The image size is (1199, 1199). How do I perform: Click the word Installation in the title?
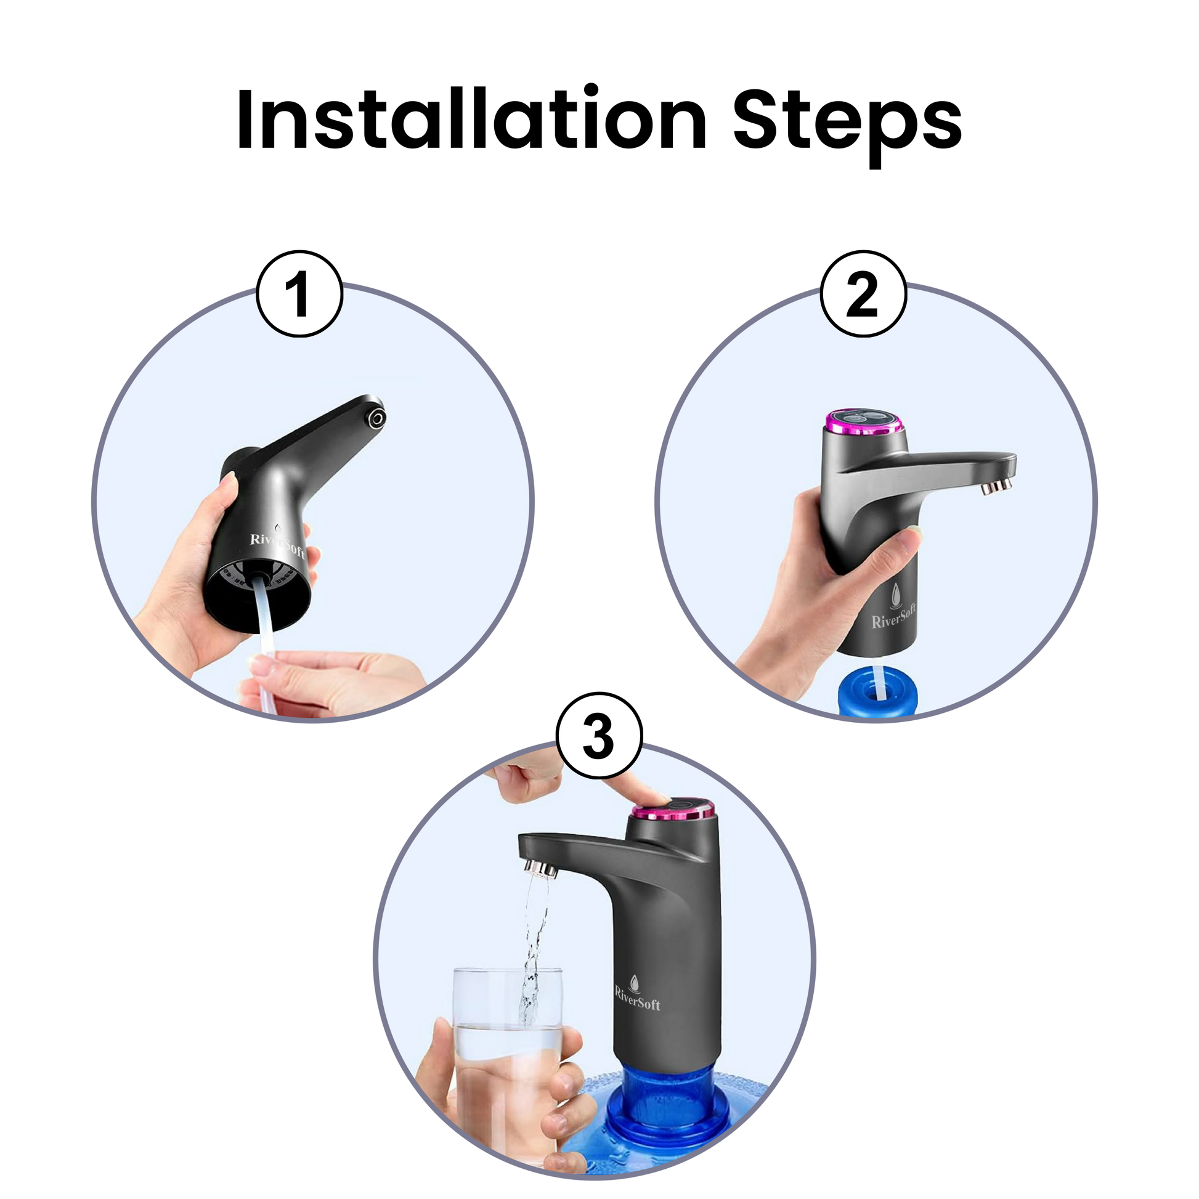pyautogui.click(x=472, y=118)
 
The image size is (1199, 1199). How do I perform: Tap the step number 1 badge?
pyautogui.click(x=299, y=293)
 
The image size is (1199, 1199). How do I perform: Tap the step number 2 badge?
pyautogui.click(x=863, y=293)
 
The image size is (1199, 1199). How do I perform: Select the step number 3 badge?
pyautogui.click(x=599, y=736)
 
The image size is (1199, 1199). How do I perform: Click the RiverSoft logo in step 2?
pyautogui.click(x=893, y=608)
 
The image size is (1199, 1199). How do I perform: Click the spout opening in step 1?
pyautogui.click(x=375, y=418)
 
